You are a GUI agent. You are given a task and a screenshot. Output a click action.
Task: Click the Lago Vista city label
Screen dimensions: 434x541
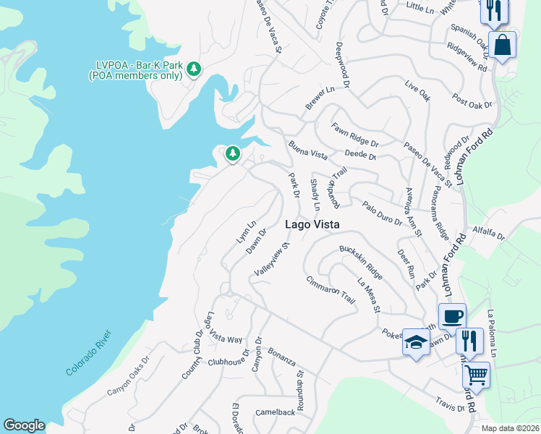point(312,224)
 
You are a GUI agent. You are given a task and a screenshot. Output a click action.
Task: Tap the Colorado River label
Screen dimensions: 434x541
point(89,352)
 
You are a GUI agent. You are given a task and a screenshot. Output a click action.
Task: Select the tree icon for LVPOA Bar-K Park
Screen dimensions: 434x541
point(193,69)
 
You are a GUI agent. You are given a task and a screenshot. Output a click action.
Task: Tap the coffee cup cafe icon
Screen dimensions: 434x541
point(452,316)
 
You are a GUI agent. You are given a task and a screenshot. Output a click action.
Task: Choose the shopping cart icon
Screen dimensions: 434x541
point(475,374)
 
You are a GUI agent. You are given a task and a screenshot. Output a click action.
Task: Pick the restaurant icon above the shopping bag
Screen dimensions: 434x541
point(495,9)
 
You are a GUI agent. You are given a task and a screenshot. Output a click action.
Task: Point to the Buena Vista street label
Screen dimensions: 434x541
point(308,150)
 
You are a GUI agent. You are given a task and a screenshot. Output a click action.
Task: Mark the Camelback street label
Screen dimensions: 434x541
point(275,412)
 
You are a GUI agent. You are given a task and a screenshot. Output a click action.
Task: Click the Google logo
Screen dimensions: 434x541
point(24,425)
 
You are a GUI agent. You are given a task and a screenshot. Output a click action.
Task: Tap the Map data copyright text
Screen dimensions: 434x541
point(511,428)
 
